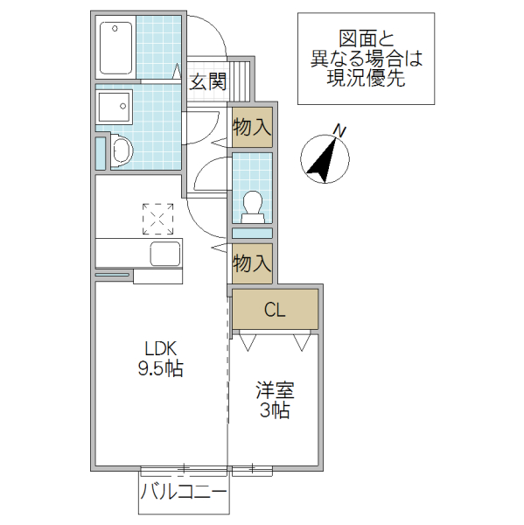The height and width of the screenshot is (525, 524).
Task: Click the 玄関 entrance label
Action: point(208,83)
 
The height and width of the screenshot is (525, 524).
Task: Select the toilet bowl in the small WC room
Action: point(253,203)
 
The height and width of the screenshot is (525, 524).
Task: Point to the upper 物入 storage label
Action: point(252,127)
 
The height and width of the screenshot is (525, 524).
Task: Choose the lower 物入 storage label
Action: point(252,263)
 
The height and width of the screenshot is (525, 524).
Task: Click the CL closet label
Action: point(275,310)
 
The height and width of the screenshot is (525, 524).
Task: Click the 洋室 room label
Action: point(273,389)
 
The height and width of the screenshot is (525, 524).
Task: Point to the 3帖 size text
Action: point(273,410)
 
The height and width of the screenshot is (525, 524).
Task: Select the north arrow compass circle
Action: point(325,159)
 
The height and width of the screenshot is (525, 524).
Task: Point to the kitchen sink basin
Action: point(164,255)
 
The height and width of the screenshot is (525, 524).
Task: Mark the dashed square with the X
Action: point(158,219)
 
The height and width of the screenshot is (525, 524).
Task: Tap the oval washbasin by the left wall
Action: point(120,151)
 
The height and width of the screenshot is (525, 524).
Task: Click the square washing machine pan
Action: point(114,108)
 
